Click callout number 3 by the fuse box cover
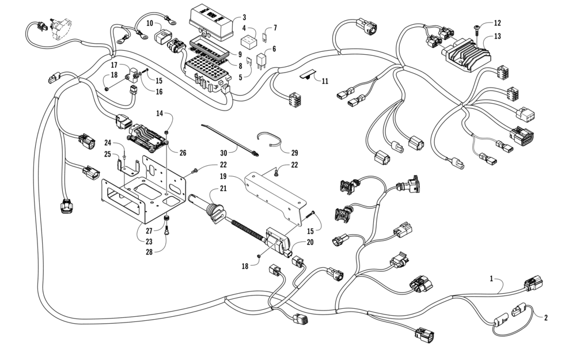tap(244, 18)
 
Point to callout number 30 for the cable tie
tap(223, 152)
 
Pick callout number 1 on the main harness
tap(491, 278)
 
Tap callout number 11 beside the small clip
tap(325, 81)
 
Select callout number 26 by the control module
tap(183, 153)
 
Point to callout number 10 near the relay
tap(149, 24)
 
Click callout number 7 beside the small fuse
tap(275, 27)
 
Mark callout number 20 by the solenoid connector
tap(310, 242)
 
